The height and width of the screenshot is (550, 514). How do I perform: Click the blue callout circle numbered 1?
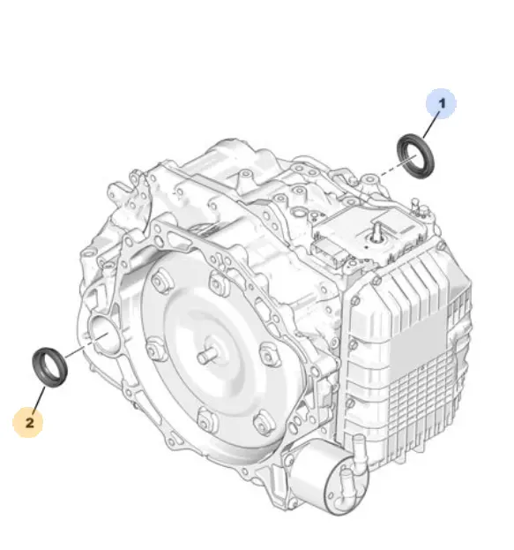(x=441, y=103)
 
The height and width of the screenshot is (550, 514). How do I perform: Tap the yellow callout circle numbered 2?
(x=28, y=422)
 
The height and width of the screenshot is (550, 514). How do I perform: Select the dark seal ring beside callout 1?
(x=415, y=155)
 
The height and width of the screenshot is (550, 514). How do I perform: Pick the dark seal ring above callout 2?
(x=49, y=367)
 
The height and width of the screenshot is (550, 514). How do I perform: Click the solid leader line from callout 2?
(x=39, y=400)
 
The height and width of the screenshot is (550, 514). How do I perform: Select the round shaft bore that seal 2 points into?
(x=104, y=333)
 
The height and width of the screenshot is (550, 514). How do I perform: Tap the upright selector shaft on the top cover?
(x=377, y=232)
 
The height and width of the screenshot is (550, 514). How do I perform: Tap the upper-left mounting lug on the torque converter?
(x=161, y=278)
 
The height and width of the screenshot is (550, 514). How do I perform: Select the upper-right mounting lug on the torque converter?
(x=218, y=281)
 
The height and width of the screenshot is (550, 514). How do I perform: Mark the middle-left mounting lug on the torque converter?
(x=155, y=349)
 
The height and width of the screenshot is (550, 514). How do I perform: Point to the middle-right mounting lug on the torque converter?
(x=270, y=353)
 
